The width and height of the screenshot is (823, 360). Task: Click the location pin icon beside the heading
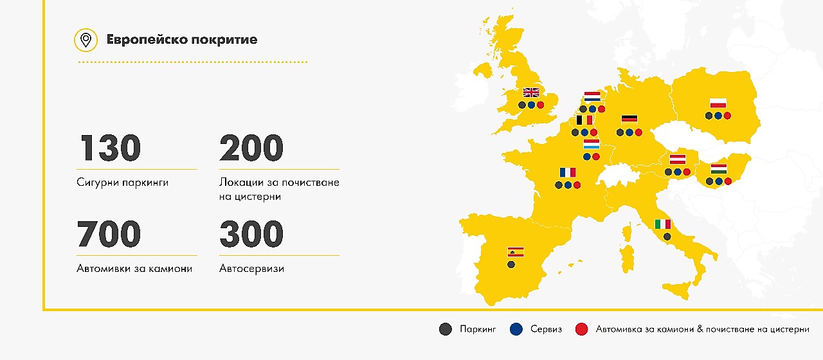[86, 40]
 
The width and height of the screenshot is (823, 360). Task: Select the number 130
[109, 148]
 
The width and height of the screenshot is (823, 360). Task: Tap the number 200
[251, 148]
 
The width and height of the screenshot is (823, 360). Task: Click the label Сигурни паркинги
[122, 183]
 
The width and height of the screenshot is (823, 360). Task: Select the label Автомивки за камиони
[134, 268]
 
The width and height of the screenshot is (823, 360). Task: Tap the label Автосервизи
[251, 268]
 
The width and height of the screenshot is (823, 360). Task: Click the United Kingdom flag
[531, 93]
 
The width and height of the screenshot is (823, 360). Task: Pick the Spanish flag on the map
[516, 252]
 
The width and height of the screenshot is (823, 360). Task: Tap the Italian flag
[662, 224]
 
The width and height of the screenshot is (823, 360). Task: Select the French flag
[568, 172]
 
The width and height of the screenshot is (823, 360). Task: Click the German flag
[629, 119]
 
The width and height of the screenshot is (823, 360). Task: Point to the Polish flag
[718, 103]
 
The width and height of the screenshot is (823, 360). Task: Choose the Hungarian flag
[719, 168]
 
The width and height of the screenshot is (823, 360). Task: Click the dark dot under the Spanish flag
[511, 264]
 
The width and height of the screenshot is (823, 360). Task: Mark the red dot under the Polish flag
[727, 116]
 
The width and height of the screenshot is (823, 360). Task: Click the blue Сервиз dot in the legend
[515, 329]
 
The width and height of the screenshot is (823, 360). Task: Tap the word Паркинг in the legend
[478, 329]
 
